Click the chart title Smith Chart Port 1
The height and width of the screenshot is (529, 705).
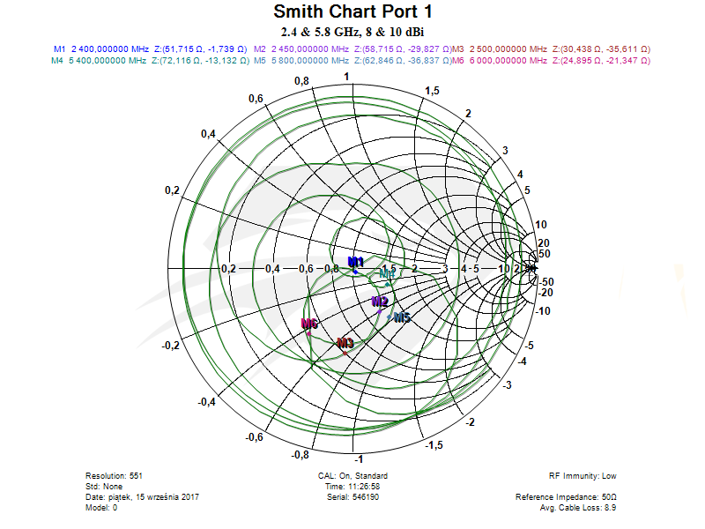352,12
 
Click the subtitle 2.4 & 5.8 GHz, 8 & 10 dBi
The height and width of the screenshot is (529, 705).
352,32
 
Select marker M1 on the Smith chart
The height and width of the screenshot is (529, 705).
356,263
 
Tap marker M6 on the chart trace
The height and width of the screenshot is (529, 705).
308,324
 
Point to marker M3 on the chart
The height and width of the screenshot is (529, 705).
345,343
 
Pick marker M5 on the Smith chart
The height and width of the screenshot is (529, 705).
401,317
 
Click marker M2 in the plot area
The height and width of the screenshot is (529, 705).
380,302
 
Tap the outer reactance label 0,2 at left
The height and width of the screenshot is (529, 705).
173,191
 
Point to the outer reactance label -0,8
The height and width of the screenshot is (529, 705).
300,454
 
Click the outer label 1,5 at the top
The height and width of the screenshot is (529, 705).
433,92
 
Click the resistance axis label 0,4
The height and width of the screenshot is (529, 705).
271,268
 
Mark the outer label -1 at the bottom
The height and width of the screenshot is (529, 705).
358,460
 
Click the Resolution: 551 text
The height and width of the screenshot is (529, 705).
114,475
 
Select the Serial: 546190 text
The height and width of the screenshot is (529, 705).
352,497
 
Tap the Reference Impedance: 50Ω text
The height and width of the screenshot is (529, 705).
565,497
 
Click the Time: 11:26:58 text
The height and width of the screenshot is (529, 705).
352,486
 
